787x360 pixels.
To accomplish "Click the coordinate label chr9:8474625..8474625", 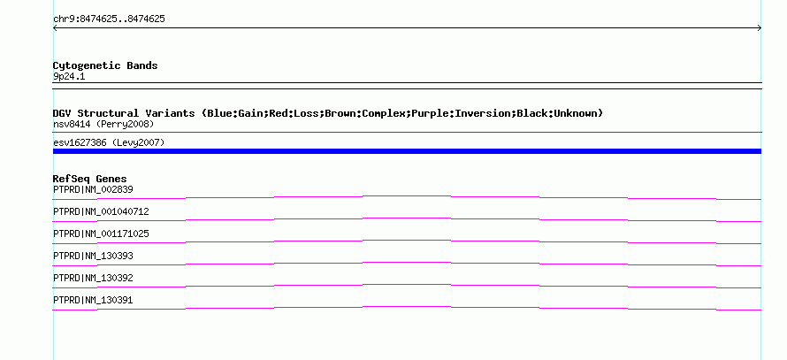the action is coord(109,19).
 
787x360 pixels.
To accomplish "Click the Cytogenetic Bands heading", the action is coord(105,65).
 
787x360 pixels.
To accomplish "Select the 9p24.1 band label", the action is coord(69,76).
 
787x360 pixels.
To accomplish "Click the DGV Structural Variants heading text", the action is coord(124,113).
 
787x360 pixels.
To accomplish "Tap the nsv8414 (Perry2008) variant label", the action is coord(103,124).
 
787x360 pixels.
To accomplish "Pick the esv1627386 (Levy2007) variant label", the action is coord(109,142).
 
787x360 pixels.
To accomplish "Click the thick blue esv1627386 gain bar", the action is coord(407,151).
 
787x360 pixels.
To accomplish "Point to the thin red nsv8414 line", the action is coord(407,133).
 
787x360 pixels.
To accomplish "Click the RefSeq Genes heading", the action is coord(89,179).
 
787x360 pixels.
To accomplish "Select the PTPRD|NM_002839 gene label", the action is coord(93,189).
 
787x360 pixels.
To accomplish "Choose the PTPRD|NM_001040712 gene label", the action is coord(101,211).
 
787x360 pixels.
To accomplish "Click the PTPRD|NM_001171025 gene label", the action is coord(101,234).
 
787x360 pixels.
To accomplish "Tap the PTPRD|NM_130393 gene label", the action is coord(93,256).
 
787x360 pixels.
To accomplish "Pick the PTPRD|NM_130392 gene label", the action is coord(93,278).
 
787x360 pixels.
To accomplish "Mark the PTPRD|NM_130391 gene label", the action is coord(93,300).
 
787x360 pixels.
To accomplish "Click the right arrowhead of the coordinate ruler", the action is coord(760,28).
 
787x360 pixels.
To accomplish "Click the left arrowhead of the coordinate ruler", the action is coord(54,28).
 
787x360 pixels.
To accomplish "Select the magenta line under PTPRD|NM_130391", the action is coord(407,308).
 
